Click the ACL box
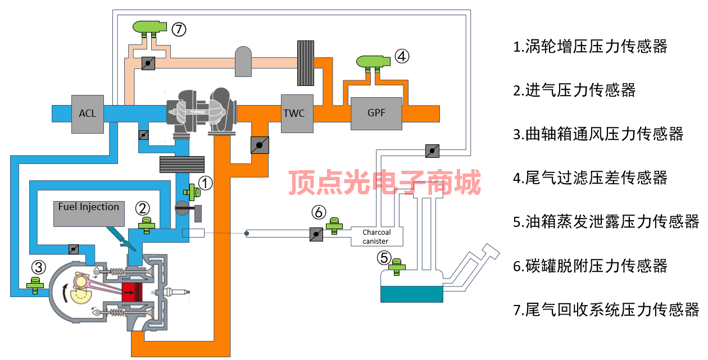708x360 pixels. (x=88, y=113)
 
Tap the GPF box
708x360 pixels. (x=376, y=113)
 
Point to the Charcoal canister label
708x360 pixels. (x=376, y=236)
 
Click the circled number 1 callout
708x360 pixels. (x=206, y=183)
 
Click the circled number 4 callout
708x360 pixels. (x=402, y=56)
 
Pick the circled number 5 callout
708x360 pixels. (x=384, y=258)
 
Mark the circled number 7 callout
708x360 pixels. (x=179, y=29)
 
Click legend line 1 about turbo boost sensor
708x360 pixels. (x=590, y=46)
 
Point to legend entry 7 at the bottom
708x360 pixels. (x=606, y=309)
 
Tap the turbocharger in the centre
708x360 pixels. (x=202, y=111)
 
